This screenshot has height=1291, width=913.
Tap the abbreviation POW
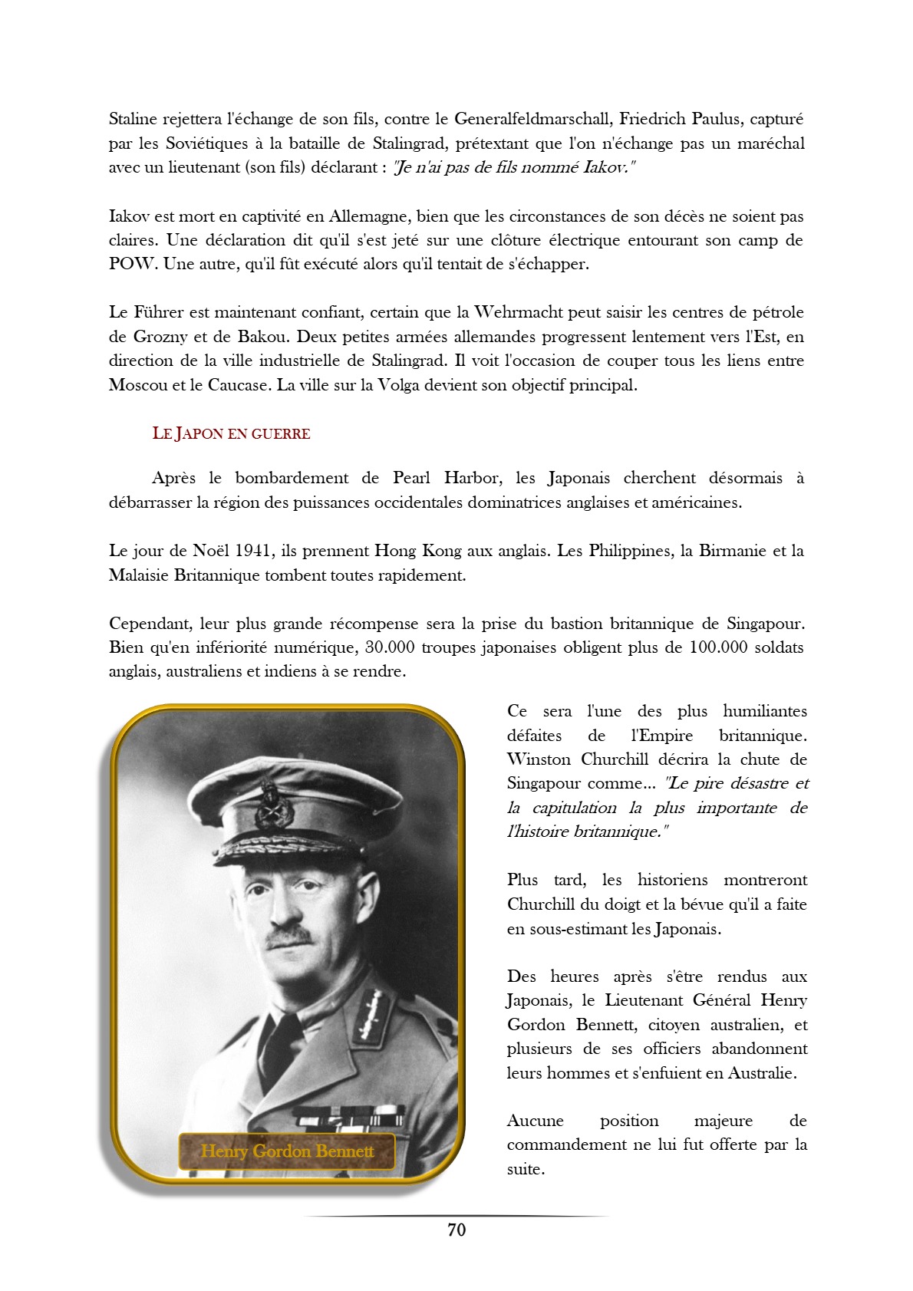(133, 265)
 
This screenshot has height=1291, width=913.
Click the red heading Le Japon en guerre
(231, 433)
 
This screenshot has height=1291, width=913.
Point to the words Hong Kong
(417, 551)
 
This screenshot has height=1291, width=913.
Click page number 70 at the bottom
(457, 1230)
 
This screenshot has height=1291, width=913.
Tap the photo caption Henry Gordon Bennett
(287, 1151)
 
